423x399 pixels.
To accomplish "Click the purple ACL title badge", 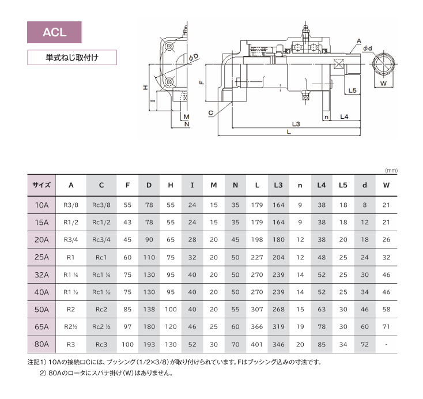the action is pos(55,32).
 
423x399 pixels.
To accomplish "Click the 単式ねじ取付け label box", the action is pos(72,58).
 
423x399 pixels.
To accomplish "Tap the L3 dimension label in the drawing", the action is pos(296,124).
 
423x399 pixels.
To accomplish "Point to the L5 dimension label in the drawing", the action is pos(352,91).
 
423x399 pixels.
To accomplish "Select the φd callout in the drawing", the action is pos(368,48).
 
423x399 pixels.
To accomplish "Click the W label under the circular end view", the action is pos(383,84).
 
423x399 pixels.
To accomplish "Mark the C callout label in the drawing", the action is pos(211,113).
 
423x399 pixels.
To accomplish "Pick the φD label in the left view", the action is pos(194,57).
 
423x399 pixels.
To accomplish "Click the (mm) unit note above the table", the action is pos(391,170).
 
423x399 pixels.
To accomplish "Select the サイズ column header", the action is pos(41,185).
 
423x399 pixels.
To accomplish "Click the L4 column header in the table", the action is pos(322,185).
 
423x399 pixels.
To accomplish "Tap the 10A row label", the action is pos(41,205).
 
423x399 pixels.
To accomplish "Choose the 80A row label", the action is pos(41,344).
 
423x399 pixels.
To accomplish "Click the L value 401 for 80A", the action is pos(256,344).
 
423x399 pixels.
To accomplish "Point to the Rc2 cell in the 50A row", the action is pos(101,310).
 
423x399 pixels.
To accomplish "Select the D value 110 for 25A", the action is pos(149,257).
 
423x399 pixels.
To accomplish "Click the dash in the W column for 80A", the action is pos(386,344).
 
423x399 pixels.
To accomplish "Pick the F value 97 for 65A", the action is pos(127,327).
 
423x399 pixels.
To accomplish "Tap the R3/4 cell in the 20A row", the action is pos(71,240).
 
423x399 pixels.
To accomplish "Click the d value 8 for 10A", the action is pos(364,205).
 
